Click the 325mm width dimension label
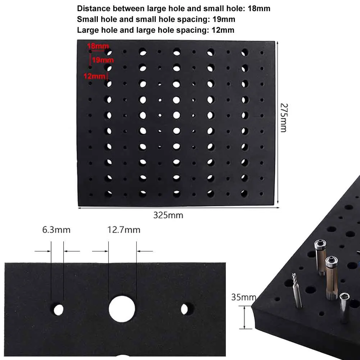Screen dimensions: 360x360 pos(168,215)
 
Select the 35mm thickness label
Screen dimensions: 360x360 pos(243,297)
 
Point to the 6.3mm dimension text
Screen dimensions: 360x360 pos(56,230)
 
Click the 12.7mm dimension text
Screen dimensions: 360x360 pos(124,230)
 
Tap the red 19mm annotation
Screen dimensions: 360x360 pos(103,60)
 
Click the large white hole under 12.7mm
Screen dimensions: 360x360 pos(122,309)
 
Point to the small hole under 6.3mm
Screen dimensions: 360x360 pos(58,309)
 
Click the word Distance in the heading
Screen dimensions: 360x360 pos(92,8)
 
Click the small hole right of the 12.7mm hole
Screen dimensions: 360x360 pos(185,309)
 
